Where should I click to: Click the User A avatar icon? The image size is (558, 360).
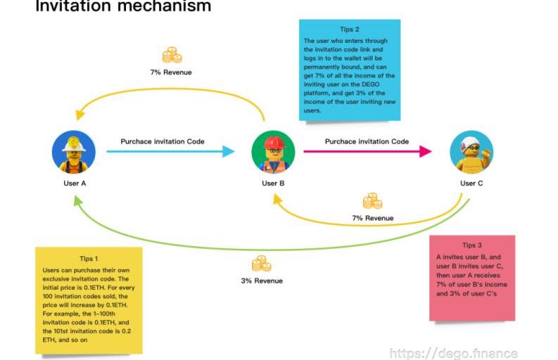point(73,153)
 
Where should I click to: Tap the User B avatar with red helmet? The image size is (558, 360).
point(273,153)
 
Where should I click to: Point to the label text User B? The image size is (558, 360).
point(273,184)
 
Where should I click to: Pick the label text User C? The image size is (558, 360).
point(471,184)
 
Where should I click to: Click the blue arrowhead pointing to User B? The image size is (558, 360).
point(229,151)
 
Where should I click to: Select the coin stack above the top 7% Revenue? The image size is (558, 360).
point(171,56)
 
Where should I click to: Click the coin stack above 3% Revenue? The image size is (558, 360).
point(261,264)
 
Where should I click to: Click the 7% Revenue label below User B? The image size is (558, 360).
point(372,218)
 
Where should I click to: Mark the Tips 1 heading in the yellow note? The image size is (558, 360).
point(89,258)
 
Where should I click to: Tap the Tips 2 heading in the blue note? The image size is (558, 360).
point(350,30)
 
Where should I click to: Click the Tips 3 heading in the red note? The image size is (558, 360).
point(472,245)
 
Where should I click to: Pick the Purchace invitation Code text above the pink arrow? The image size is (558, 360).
point(367,141)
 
